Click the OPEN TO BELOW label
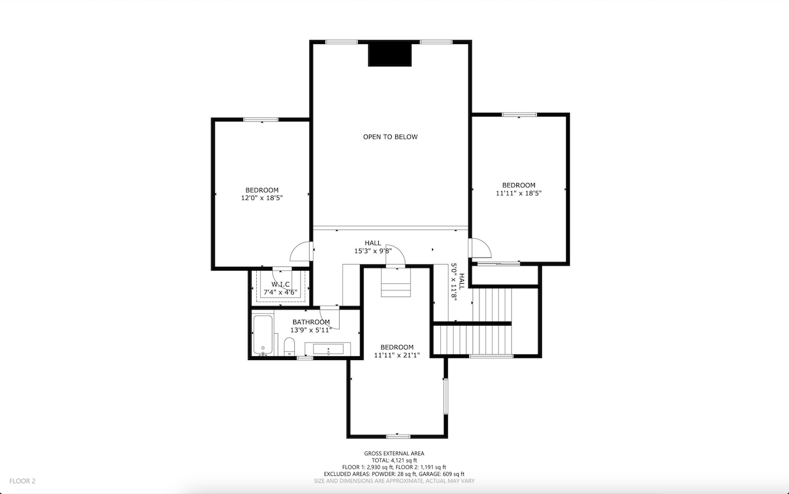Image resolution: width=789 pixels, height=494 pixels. point(390,137)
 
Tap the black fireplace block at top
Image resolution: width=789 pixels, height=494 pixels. point(390,54)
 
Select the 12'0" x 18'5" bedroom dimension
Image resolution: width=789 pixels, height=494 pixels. point(262,198)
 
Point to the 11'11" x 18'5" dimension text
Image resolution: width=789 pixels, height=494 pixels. point(519,193)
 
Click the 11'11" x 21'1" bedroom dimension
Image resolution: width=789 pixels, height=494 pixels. point(397,355)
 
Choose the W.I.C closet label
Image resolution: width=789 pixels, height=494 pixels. point(280,284)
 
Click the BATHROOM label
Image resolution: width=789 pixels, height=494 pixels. point(311,322)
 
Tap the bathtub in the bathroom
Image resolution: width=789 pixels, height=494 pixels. point(263,335)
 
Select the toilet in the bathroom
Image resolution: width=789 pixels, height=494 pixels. point(289,346)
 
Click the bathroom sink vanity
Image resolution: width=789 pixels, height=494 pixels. point(328,349)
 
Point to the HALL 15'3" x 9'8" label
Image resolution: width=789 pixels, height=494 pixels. point(373,247)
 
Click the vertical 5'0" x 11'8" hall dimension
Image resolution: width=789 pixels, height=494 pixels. point(454,282)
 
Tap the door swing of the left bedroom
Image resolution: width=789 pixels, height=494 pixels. point(301,252)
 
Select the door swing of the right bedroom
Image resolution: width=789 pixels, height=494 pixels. point(480,248)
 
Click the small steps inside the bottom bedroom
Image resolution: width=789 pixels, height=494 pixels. point(396,283)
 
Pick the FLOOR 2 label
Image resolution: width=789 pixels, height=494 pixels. point(22,481)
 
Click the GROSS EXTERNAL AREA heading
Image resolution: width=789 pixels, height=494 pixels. point(394,453)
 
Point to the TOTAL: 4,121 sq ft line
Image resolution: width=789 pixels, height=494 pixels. point(394,460)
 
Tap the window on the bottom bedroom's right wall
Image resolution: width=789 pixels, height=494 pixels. point(445,396)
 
